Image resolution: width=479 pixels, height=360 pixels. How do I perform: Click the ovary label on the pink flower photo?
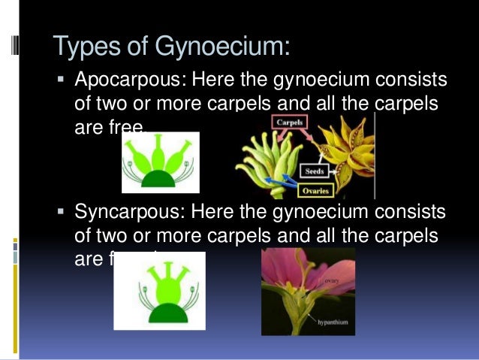point(333,280)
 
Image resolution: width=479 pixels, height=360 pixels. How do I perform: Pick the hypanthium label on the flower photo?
point(336,325)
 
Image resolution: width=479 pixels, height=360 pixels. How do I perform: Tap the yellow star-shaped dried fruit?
point(345,154)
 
